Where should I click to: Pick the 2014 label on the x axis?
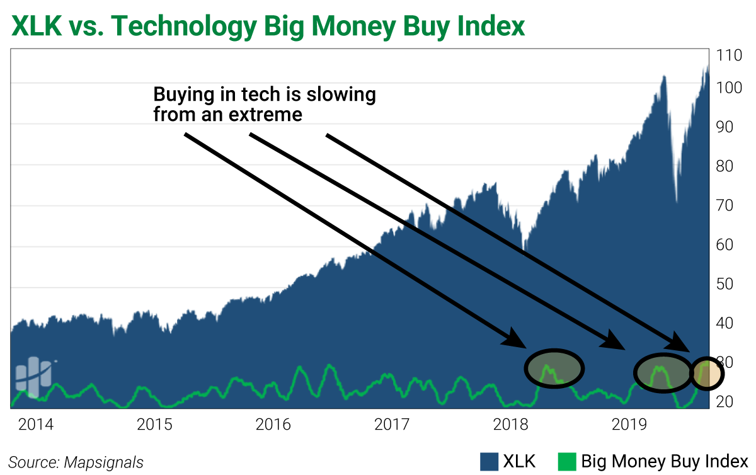point(36,424)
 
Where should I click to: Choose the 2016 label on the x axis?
point(273,424)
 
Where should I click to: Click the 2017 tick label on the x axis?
point(392,424)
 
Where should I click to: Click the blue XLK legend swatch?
point(489,461)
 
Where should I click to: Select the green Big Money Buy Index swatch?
point(568,461)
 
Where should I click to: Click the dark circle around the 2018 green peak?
point(554,368)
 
